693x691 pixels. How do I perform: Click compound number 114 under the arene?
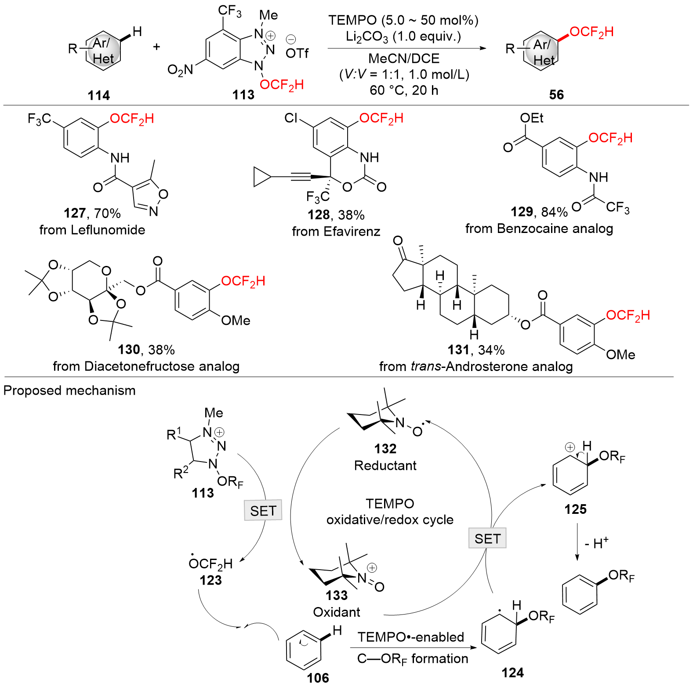pos(98,95)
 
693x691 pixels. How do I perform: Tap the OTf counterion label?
pos(297,53)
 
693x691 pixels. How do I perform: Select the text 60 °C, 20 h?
pos(404,90)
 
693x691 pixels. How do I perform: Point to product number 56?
pos(556,95)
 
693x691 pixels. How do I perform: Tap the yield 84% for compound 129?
pos(554,212)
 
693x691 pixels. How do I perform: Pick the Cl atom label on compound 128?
pos(291,118)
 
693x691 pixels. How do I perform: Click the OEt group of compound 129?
pos(532,118)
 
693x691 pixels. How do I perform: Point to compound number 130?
pos(128,349)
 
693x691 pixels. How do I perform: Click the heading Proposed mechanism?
pos(69,390)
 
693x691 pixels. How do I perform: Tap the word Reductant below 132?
pos(385,466)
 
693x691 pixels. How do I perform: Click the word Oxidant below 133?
pos(337,612)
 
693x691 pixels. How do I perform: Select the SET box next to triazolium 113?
pos(263,510)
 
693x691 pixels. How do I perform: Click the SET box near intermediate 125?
pos(487,538)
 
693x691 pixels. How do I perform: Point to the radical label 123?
pos(210,580)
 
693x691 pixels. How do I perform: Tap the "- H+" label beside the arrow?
pos(596,543)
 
